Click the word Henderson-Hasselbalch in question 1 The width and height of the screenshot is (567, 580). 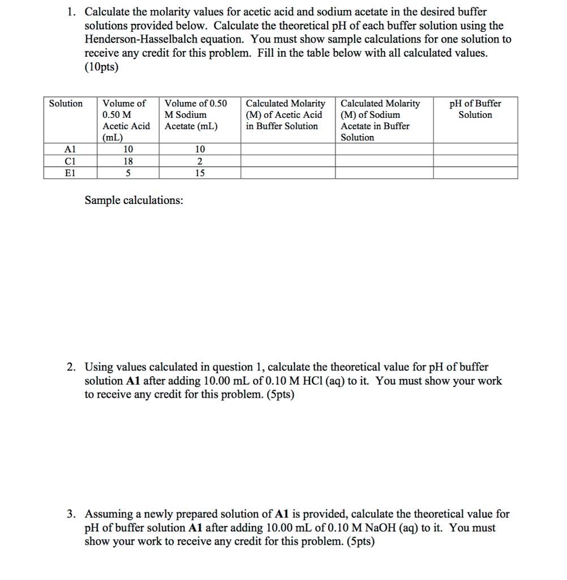click(138, 39)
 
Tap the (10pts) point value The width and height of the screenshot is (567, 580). click(102, 66)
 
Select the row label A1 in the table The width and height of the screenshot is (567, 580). click(70, 149)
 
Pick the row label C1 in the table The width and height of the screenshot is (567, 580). click(70, 161)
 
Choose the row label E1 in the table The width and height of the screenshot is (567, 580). click(70, 173)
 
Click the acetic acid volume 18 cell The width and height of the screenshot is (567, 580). click(128, 161)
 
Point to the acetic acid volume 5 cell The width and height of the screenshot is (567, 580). click(128, 173)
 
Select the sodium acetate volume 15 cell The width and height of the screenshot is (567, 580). click(200, 173)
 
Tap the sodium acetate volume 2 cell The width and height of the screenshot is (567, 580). click(200, 161)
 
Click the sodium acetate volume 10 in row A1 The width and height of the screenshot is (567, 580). click(200, 149)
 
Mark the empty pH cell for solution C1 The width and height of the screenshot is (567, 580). click(475, 161)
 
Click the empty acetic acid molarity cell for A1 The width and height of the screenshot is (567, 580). click(288, 149)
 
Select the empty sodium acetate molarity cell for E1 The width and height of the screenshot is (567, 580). click(384, 173)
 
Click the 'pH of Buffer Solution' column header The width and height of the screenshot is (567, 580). click(475, 109)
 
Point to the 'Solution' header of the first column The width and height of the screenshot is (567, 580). click(66, 103)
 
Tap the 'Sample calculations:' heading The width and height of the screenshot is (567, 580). click(134, 201)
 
